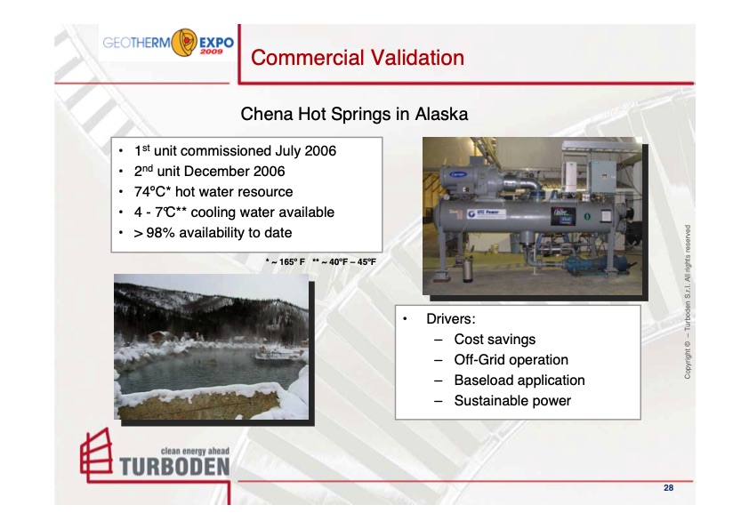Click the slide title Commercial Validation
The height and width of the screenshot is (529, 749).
[x=358, y=59]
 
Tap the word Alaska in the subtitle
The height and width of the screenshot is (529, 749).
[x=440, y=115]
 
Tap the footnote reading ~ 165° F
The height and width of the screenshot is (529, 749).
[x=286, y=262]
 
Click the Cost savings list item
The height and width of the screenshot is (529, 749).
[x=495, y=339]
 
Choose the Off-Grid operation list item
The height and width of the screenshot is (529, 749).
[x=511, y=360]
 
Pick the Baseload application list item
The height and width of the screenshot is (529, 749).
[x=519, y=381]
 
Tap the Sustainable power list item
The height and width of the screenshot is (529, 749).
[x=512, y=401]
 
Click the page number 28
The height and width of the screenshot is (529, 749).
[x=668, y=488]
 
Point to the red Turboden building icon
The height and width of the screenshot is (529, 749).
[x=95, y=454]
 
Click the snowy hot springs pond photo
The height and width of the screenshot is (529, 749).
[x=212, y=346]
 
